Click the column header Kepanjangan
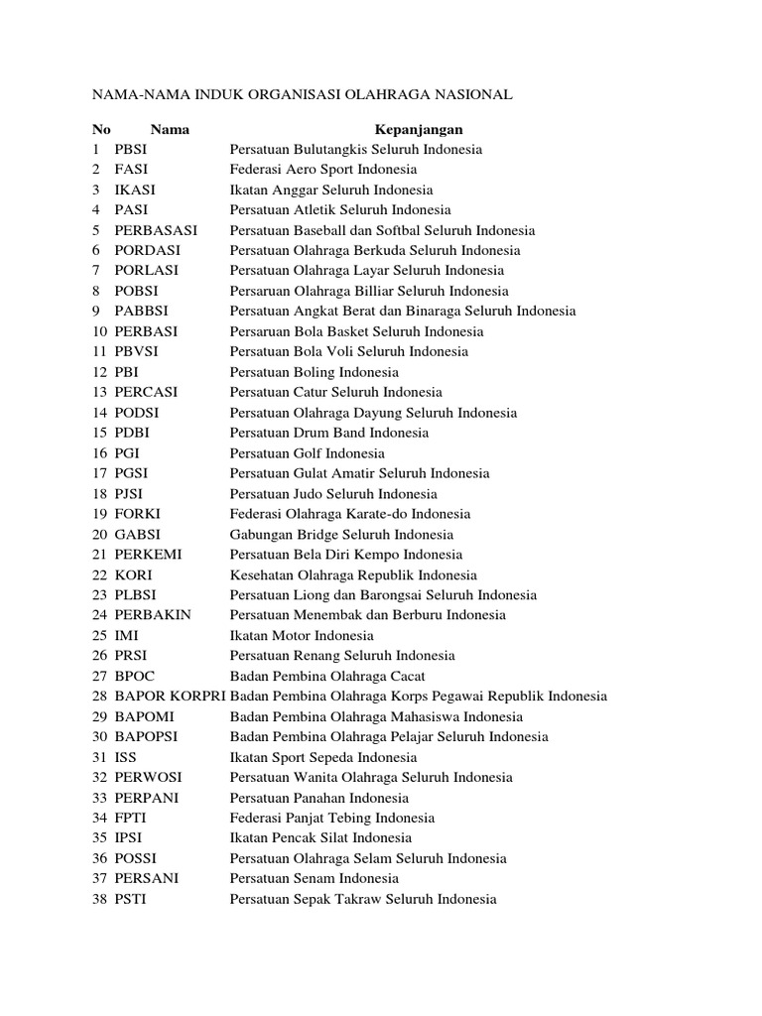(418, 129)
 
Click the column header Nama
(170, 129)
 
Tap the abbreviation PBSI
(135, 149)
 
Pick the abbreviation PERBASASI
(156, 230)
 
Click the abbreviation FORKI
(138, 514)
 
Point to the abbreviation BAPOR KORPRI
(170, 697)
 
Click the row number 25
(99, 635)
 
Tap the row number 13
(99, 392)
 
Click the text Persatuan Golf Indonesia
(308, 453)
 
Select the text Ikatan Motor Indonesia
(302, 635)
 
